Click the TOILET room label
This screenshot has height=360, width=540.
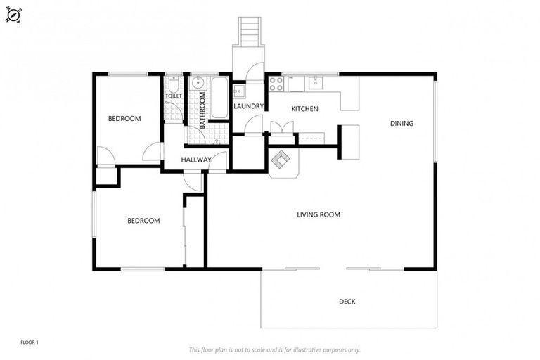point(174,96)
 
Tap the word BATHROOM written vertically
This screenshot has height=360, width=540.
point(202,108)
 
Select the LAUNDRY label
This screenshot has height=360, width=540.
point(248,107)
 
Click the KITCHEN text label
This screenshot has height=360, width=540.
point(305,109)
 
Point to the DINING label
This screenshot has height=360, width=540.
point(401,124)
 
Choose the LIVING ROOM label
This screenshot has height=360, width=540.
point(318,214)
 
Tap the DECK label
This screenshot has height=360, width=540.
point(347,302)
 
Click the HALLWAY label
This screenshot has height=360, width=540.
point(195,160)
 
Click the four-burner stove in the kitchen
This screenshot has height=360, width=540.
point(276,83)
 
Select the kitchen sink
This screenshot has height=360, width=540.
point(316,82)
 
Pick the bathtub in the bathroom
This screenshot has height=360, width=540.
point(219,98)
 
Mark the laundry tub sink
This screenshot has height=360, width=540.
point(239,91)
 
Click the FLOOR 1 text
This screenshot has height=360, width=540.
point(30,342)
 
